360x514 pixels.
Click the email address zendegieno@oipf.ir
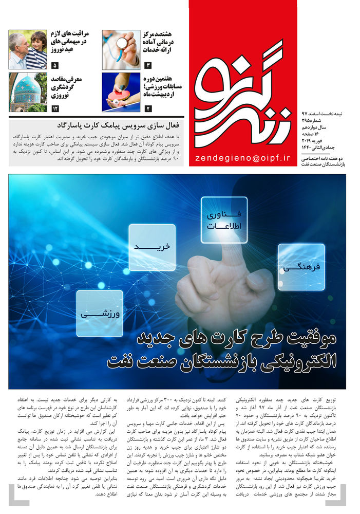point(243,158)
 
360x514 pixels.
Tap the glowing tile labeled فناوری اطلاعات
point(224,220)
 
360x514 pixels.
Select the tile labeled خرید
point(152,247)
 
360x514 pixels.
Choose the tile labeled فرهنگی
point(301,267)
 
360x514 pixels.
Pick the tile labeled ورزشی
point(100,313)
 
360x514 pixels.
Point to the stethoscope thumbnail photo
point(121,50)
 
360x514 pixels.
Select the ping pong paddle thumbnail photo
point(121,93)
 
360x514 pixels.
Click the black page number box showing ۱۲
point(55,108)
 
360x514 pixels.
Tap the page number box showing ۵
point(55,66)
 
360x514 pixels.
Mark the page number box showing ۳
point(148,66)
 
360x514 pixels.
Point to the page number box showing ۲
point(148,108)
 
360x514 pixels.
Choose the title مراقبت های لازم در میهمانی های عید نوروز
point(72,42)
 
